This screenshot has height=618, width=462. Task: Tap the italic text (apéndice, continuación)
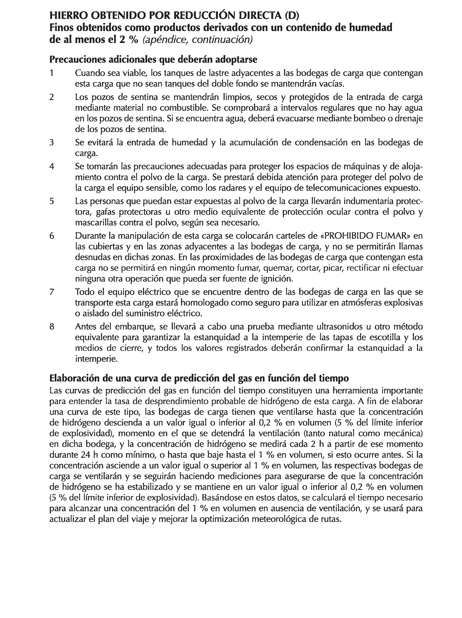197,40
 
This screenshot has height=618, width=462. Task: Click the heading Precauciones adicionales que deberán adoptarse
153,59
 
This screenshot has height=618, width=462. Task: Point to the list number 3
51,142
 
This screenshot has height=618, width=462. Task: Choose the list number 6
51,236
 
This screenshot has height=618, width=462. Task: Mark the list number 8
51,326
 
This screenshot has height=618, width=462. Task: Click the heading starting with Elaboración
199,378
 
